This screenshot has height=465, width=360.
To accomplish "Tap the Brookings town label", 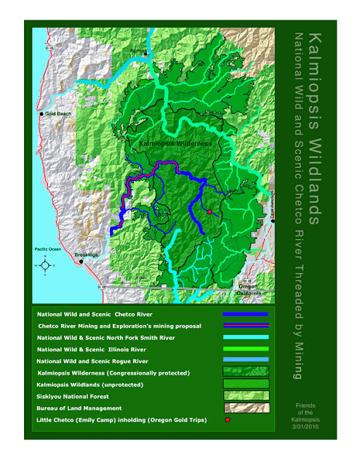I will pyautogui.click(x=87, y=256).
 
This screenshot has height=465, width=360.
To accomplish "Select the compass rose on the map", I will pyautogui.click(x=45, y=266).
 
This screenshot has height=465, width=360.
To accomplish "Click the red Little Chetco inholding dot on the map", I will pyautogui.click(x=209, y=211).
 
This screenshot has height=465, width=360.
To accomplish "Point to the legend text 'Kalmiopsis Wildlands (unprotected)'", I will pyautogui.click(x=87, y=384).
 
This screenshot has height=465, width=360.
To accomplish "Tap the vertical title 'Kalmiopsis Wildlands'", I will pyautogui.click(x=313, y=127).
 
